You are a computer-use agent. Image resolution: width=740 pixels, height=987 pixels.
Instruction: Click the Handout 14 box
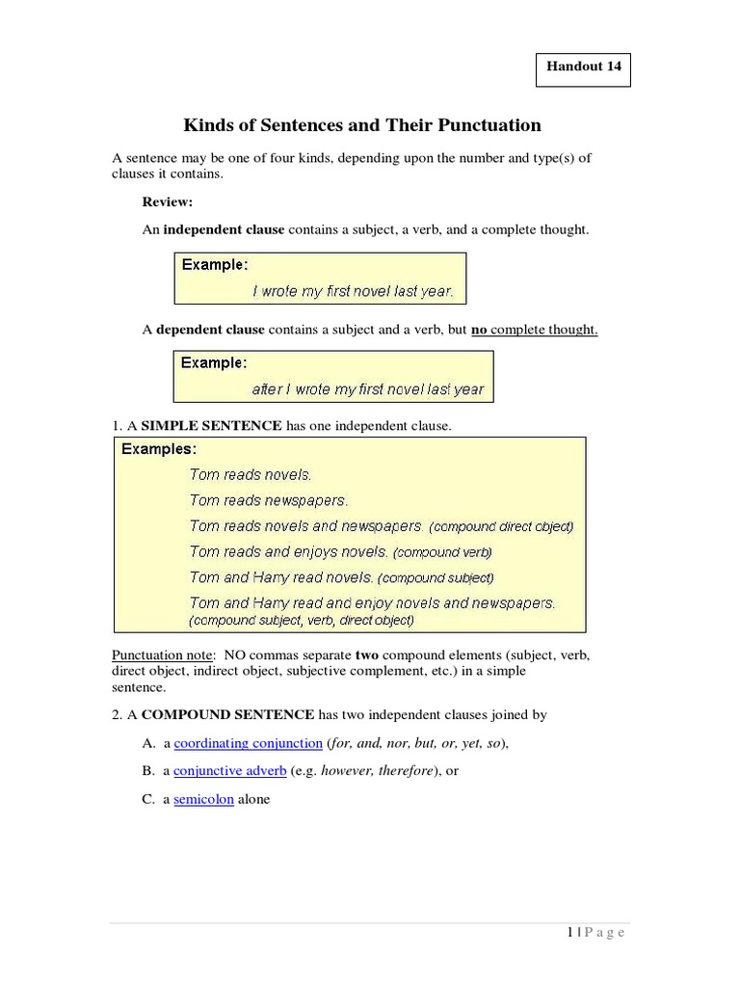pos(583,70)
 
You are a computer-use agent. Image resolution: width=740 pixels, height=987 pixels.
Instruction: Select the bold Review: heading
pos(168,201)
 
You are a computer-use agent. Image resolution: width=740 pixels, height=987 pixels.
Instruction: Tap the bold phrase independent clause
pos(224,230)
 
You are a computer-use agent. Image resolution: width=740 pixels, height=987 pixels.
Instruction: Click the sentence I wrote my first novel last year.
pos(353,290)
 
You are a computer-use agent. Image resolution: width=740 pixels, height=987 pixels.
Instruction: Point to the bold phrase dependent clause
pos(210,330)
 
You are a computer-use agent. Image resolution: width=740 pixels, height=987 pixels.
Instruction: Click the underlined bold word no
pos(479,330)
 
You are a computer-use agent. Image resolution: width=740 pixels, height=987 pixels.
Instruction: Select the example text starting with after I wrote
pos(367,389)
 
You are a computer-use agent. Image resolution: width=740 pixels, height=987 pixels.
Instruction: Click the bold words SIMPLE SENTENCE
pos(211,426)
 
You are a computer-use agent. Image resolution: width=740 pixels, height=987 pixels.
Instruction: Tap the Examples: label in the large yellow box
pos(158,449)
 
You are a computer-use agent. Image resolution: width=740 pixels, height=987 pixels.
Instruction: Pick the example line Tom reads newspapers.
pos(269,500)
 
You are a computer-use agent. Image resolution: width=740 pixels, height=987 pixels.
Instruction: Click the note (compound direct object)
pos(501,527)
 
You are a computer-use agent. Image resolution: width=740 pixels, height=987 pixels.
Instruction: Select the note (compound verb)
pos(442,553)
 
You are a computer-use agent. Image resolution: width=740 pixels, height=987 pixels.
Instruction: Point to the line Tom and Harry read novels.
pos(281,577)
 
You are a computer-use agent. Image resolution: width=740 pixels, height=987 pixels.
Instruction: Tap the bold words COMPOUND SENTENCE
pos(227,714)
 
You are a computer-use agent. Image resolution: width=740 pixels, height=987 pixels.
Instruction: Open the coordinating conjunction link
pos(248,743)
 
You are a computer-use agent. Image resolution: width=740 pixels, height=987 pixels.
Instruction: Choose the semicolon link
pos(203,799)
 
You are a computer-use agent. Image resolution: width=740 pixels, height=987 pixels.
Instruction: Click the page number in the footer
pos(569,932)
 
